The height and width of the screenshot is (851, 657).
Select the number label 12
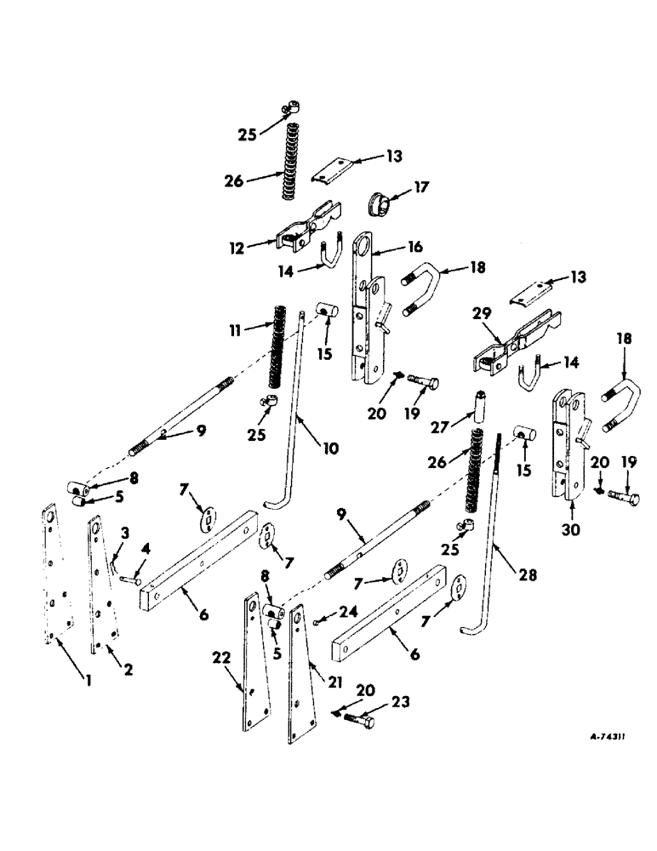(237, 249)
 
